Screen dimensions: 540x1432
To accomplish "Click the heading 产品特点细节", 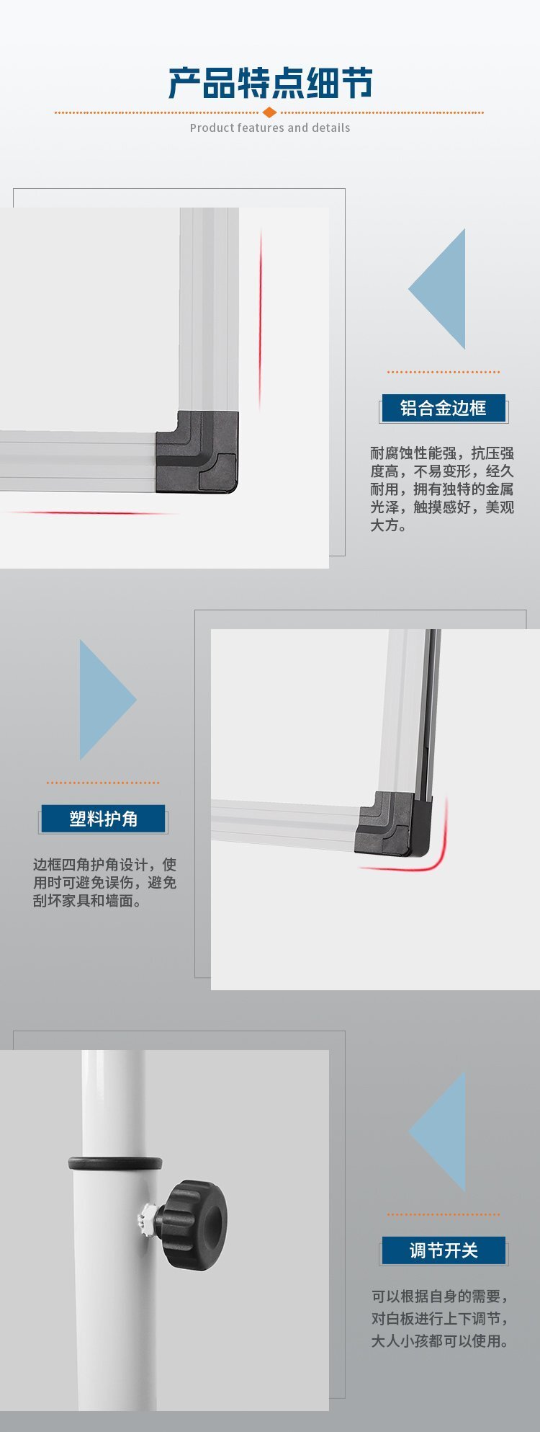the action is tap(270, 83).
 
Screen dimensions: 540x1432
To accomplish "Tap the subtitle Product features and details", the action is tap(270, 128).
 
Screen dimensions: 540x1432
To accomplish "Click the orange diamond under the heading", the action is tap(269, 112).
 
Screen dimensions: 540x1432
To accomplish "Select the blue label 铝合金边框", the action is tap(443, 408).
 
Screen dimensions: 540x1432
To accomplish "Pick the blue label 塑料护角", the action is tap(103, 819).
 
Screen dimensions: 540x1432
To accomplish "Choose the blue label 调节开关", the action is tap(444, 1250).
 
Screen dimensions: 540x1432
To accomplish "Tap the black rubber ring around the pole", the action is tap(115, 1163).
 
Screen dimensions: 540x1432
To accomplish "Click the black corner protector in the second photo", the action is tap(395, 824).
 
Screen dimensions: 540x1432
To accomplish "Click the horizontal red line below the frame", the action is tap(90, 513).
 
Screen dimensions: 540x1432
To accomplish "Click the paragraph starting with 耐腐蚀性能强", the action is tap(442, 489).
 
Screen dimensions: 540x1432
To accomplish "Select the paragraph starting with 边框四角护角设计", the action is tap(104, 882).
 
